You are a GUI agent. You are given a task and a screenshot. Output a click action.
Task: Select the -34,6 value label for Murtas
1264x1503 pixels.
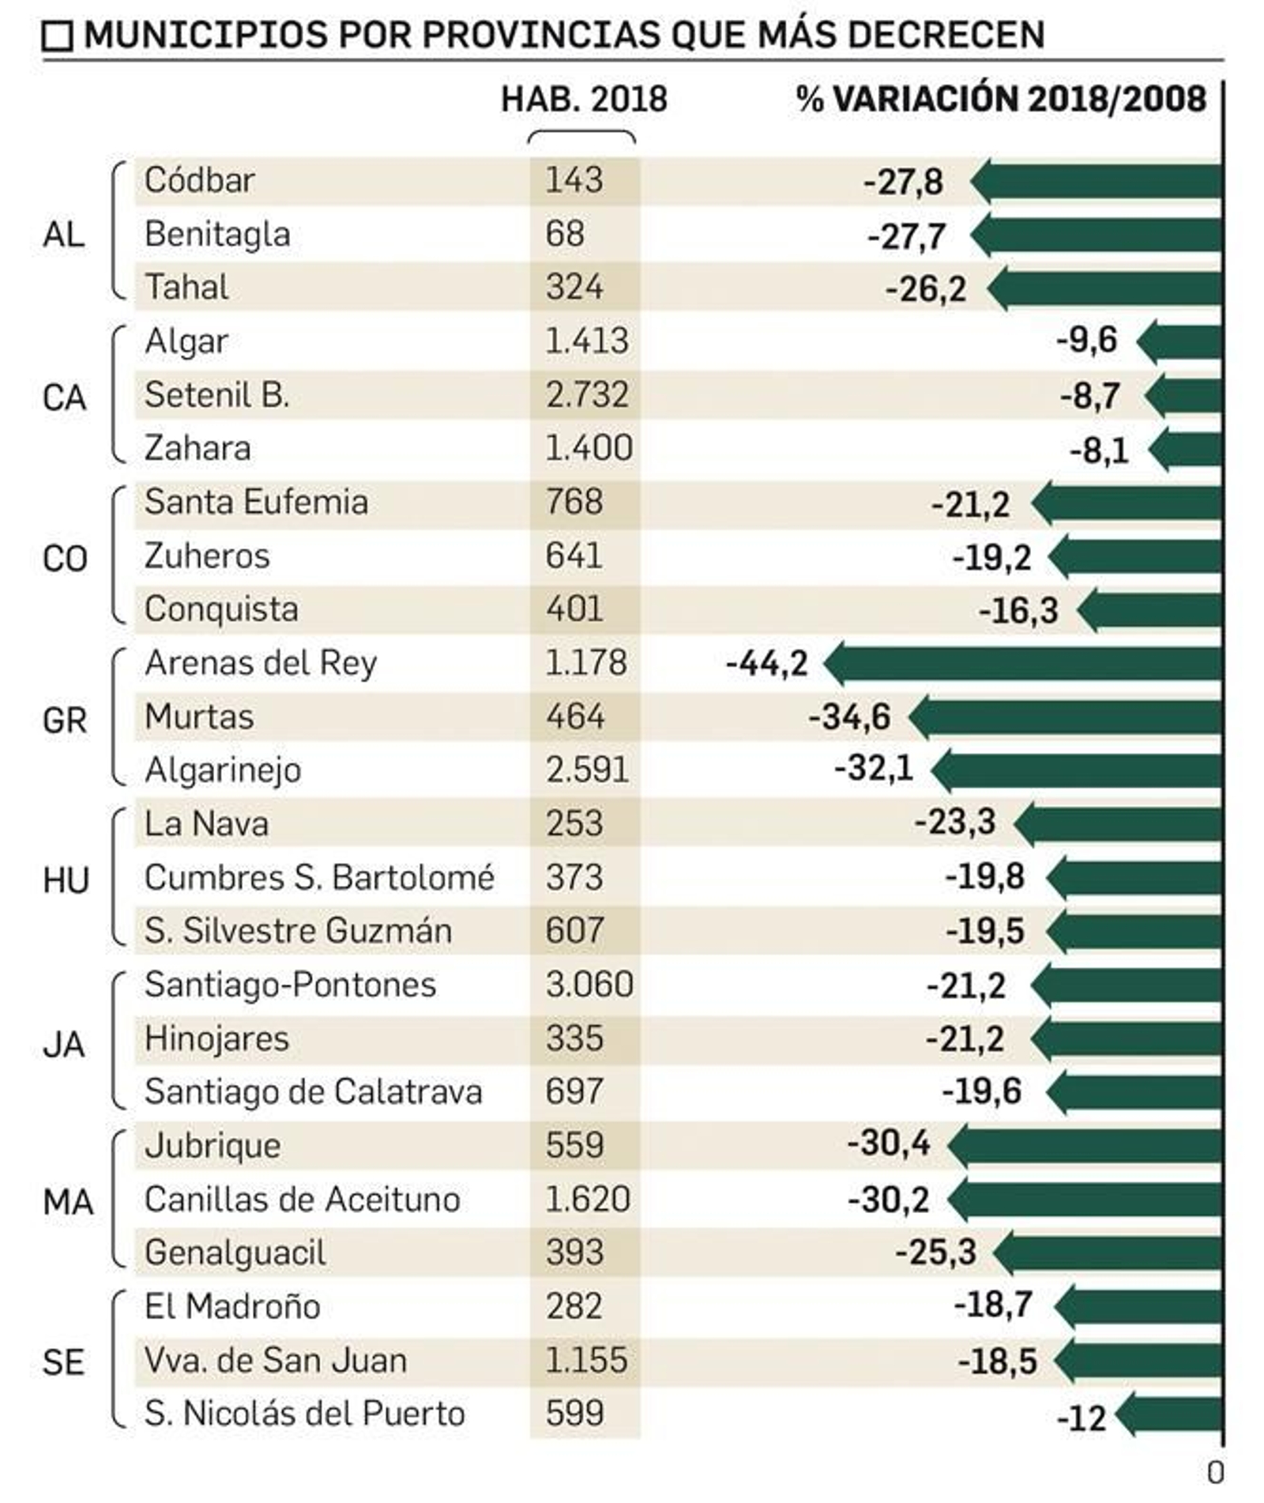coord(848,718)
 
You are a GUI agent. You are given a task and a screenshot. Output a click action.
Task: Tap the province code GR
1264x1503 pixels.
coord(64,720)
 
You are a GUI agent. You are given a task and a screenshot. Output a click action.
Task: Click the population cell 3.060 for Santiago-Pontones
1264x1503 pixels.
coord(589,985)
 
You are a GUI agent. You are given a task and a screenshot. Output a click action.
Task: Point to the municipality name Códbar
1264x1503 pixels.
coord(199,180)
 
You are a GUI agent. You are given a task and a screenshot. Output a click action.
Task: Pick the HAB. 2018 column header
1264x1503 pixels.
coord(584,100)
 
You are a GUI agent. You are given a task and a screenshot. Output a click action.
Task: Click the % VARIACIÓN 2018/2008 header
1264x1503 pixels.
coord(1001,100)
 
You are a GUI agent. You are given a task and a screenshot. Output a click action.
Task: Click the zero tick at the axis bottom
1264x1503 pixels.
coord(1216,1472)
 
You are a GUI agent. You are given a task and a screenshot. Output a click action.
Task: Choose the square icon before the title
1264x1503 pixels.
coord(57,36)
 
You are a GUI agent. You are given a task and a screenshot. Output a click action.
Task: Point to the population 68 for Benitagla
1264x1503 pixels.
coord(565,234)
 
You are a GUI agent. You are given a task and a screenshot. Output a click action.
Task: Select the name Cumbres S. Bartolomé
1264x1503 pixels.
coord(319,878)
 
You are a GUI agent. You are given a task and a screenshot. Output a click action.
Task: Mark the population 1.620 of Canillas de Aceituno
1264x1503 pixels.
coord(587,1199)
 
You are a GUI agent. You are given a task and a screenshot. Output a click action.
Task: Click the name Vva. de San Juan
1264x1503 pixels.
coord(276,1360)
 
